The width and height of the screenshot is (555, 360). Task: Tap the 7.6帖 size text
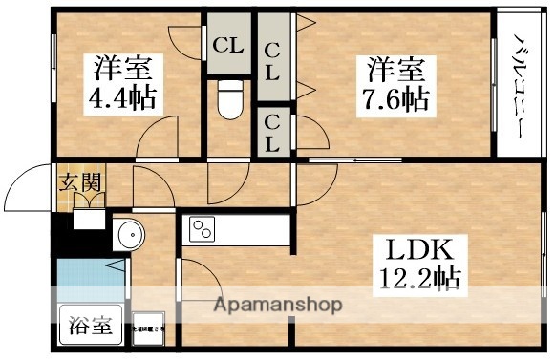tap(394, 96)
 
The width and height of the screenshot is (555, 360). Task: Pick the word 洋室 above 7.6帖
tap(394, 69)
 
